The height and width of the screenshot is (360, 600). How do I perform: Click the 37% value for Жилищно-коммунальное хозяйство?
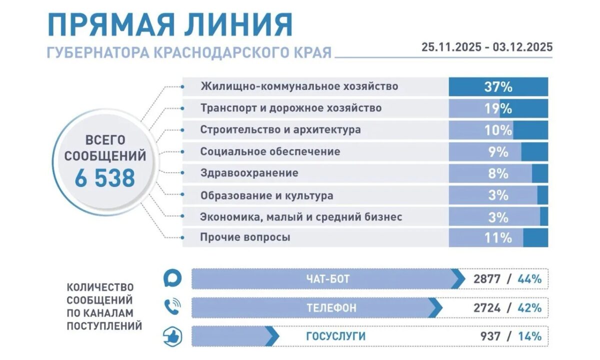click(498, 87)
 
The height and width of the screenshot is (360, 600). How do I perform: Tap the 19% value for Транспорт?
click(498, 108)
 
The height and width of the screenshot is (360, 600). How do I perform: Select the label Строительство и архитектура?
click(280, 130)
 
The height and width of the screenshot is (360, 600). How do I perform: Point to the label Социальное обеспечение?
click(270, 151)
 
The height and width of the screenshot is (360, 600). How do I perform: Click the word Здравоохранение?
click(249, 173)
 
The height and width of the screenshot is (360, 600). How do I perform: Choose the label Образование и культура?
click(266, 195)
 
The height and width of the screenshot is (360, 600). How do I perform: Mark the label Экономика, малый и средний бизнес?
click(301, 217)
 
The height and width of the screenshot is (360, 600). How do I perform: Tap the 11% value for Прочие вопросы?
click(498, 238)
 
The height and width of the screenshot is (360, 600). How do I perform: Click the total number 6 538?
click(105, 178)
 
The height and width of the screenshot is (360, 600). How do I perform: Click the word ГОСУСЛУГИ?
click(335, 336)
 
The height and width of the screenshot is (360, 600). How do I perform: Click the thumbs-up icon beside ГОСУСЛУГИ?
click(172, 336)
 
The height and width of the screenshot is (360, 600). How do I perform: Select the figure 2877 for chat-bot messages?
click(487, 279)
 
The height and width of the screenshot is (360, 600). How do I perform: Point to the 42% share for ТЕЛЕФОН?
click(529, 308)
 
